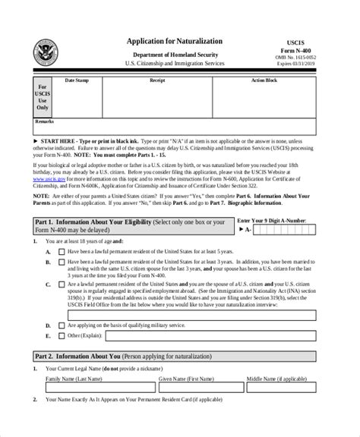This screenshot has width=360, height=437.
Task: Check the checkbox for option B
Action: click(60, 262)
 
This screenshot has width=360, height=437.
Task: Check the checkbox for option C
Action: click(60, 285)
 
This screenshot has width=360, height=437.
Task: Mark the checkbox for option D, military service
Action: click(60, 323)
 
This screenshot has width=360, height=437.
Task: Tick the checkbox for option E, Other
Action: click(60, 335)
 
